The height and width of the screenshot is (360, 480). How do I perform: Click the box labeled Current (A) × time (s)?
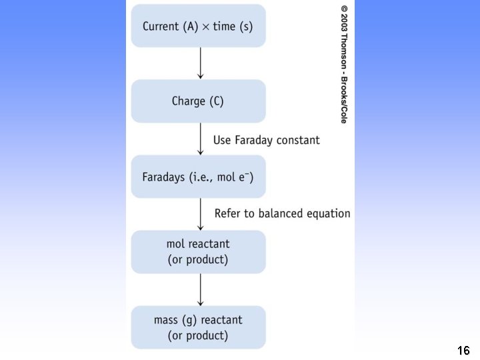coord(198,26)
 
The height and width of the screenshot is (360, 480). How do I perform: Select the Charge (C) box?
coord(198,101)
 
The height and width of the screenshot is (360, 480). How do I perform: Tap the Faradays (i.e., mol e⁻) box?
coord(198,177)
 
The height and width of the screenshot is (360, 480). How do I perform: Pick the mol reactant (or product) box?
coord(198,251)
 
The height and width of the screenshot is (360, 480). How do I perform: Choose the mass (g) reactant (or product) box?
coord(198,327)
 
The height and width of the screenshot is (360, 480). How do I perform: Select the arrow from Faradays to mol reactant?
coord(200,214)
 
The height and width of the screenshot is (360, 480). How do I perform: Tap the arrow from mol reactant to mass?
coord(200,289)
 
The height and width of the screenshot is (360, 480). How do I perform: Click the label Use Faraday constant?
coord(266,140)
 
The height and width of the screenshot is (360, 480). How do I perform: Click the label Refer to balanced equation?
coord(282,214)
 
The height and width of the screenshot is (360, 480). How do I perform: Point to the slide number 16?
coord(464,350)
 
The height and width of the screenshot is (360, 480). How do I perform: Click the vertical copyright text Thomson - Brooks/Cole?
coord(344,64)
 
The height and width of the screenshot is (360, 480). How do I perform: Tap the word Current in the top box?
coord(161,27)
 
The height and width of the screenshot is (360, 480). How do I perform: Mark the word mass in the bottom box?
coord(167,320)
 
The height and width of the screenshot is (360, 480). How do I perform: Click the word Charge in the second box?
coord(189,102)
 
